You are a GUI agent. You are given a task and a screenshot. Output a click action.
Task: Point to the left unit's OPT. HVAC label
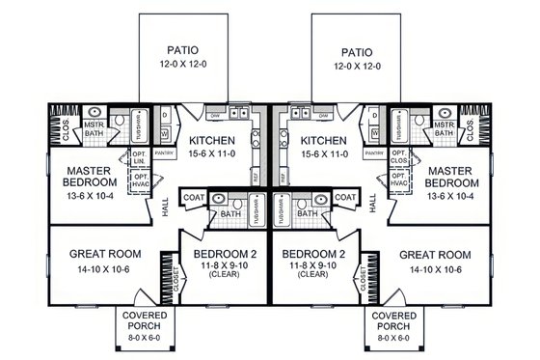pos(141,180)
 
